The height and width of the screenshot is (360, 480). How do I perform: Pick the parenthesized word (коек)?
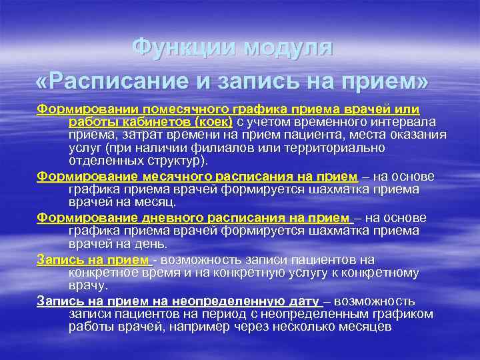[213, 121]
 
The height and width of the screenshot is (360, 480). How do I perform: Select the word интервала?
[407, 121]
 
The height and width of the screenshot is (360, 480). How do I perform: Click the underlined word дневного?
[153, 218]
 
